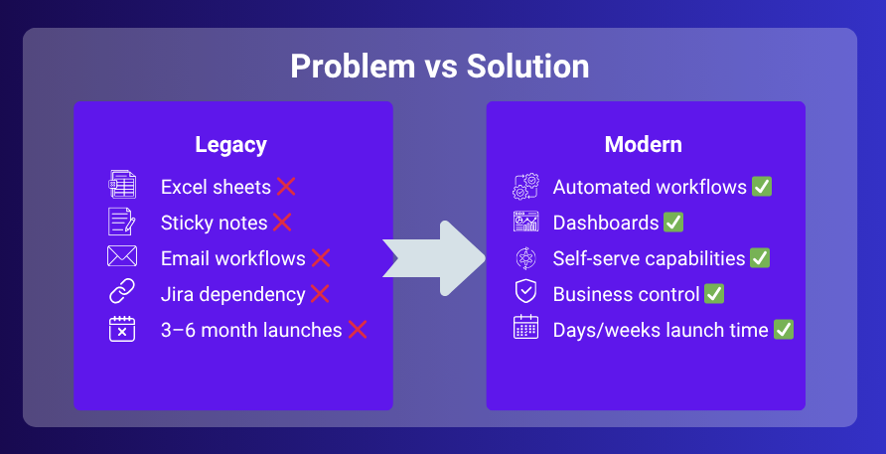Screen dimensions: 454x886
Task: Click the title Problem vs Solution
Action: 439,66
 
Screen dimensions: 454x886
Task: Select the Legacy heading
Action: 230,145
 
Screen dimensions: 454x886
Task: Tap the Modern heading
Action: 644,145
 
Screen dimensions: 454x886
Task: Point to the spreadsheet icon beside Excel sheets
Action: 121,186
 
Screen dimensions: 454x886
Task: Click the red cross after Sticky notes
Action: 282,223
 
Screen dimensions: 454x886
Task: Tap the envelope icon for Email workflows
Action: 121,257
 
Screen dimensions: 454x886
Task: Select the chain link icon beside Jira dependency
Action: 121,293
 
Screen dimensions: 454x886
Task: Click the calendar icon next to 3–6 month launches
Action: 121,329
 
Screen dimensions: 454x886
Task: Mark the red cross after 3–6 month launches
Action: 358,330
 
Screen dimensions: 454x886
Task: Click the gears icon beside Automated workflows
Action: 525,186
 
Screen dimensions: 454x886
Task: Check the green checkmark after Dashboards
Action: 673,223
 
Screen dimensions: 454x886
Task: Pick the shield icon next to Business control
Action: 525,293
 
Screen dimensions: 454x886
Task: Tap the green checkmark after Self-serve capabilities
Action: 760,258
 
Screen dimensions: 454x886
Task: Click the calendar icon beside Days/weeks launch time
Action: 525,329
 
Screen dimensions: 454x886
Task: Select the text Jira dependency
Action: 232,294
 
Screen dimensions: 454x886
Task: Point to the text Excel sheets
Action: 216,187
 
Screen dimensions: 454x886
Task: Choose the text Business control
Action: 627,294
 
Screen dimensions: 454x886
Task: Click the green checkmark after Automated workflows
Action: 762,187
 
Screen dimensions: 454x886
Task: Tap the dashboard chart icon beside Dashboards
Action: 525,222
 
